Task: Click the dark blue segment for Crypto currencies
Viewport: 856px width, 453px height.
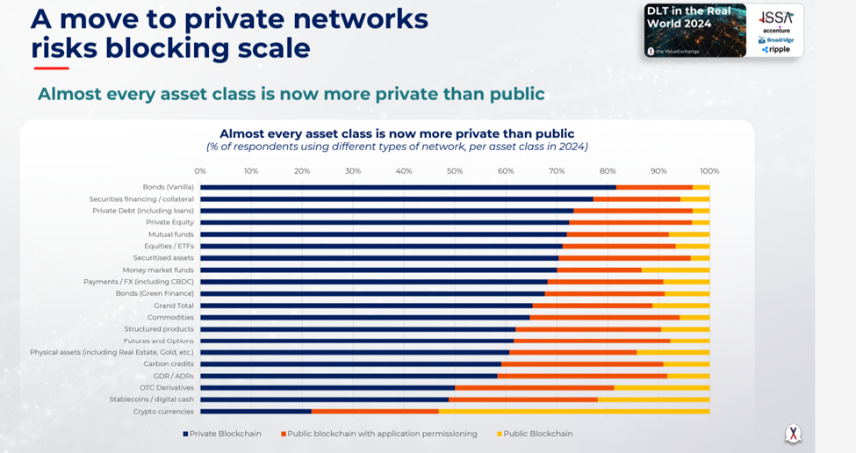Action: click(x=255, y=411)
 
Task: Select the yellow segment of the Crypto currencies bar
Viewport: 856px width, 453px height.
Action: click(x=574, y=411)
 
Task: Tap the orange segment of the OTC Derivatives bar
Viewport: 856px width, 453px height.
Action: click(x=534, y=387)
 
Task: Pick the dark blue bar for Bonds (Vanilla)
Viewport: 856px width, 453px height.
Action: click(x=407, y=187)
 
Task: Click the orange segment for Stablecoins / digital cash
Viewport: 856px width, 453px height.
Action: click(x=523, y=399)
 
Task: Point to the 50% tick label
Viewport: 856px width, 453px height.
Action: click(x=455, y=171)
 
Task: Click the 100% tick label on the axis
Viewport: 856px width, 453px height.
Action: click(x=709, y=171)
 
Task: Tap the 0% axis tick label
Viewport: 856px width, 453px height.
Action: click(x=200, y=171)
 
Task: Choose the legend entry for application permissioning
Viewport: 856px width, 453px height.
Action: click(x=378, y=434)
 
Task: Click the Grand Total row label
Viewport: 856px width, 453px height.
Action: click(x=174, y=306)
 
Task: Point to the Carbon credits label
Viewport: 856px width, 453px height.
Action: click(x=169, y=363)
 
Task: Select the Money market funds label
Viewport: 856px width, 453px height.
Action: click(x=158, y=270)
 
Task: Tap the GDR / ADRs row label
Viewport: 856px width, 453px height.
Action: click(x=174, y=376)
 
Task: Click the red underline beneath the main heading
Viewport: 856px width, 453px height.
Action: click(x=51, y=68)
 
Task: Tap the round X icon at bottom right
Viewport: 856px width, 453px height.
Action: click(x=793, y=433)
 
